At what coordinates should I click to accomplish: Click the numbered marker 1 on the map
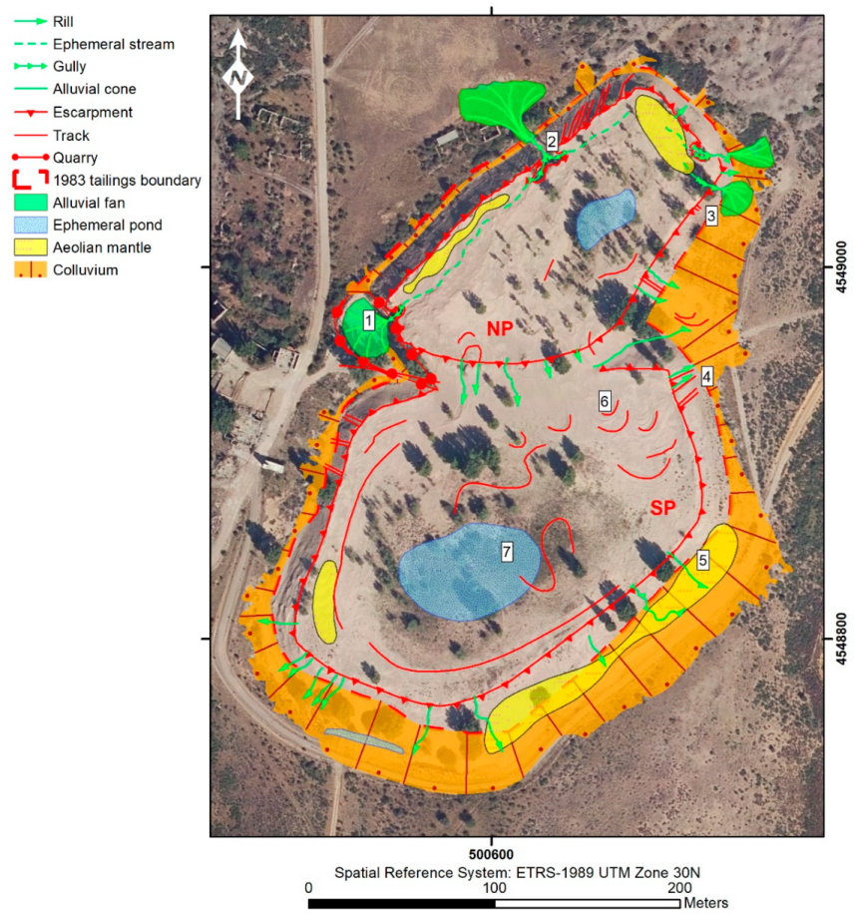[368, 321]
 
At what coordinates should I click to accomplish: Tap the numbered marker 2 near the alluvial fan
[552, 141]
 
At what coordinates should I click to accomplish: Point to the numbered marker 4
[706, 376]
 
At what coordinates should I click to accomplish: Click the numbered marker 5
[703, 561]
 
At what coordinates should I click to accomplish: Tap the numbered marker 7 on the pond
[507, 550]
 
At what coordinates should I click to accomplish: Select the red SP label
[663, 508]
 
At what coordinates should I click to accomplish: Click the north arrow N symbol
[237, 76]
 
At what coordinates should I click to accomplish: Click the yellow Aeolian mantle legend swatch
[33, 246]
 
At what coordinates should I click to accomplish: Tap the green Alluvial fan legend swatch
[33, 203]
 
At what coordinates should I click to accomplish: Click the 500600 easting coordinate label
[489, 855]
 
